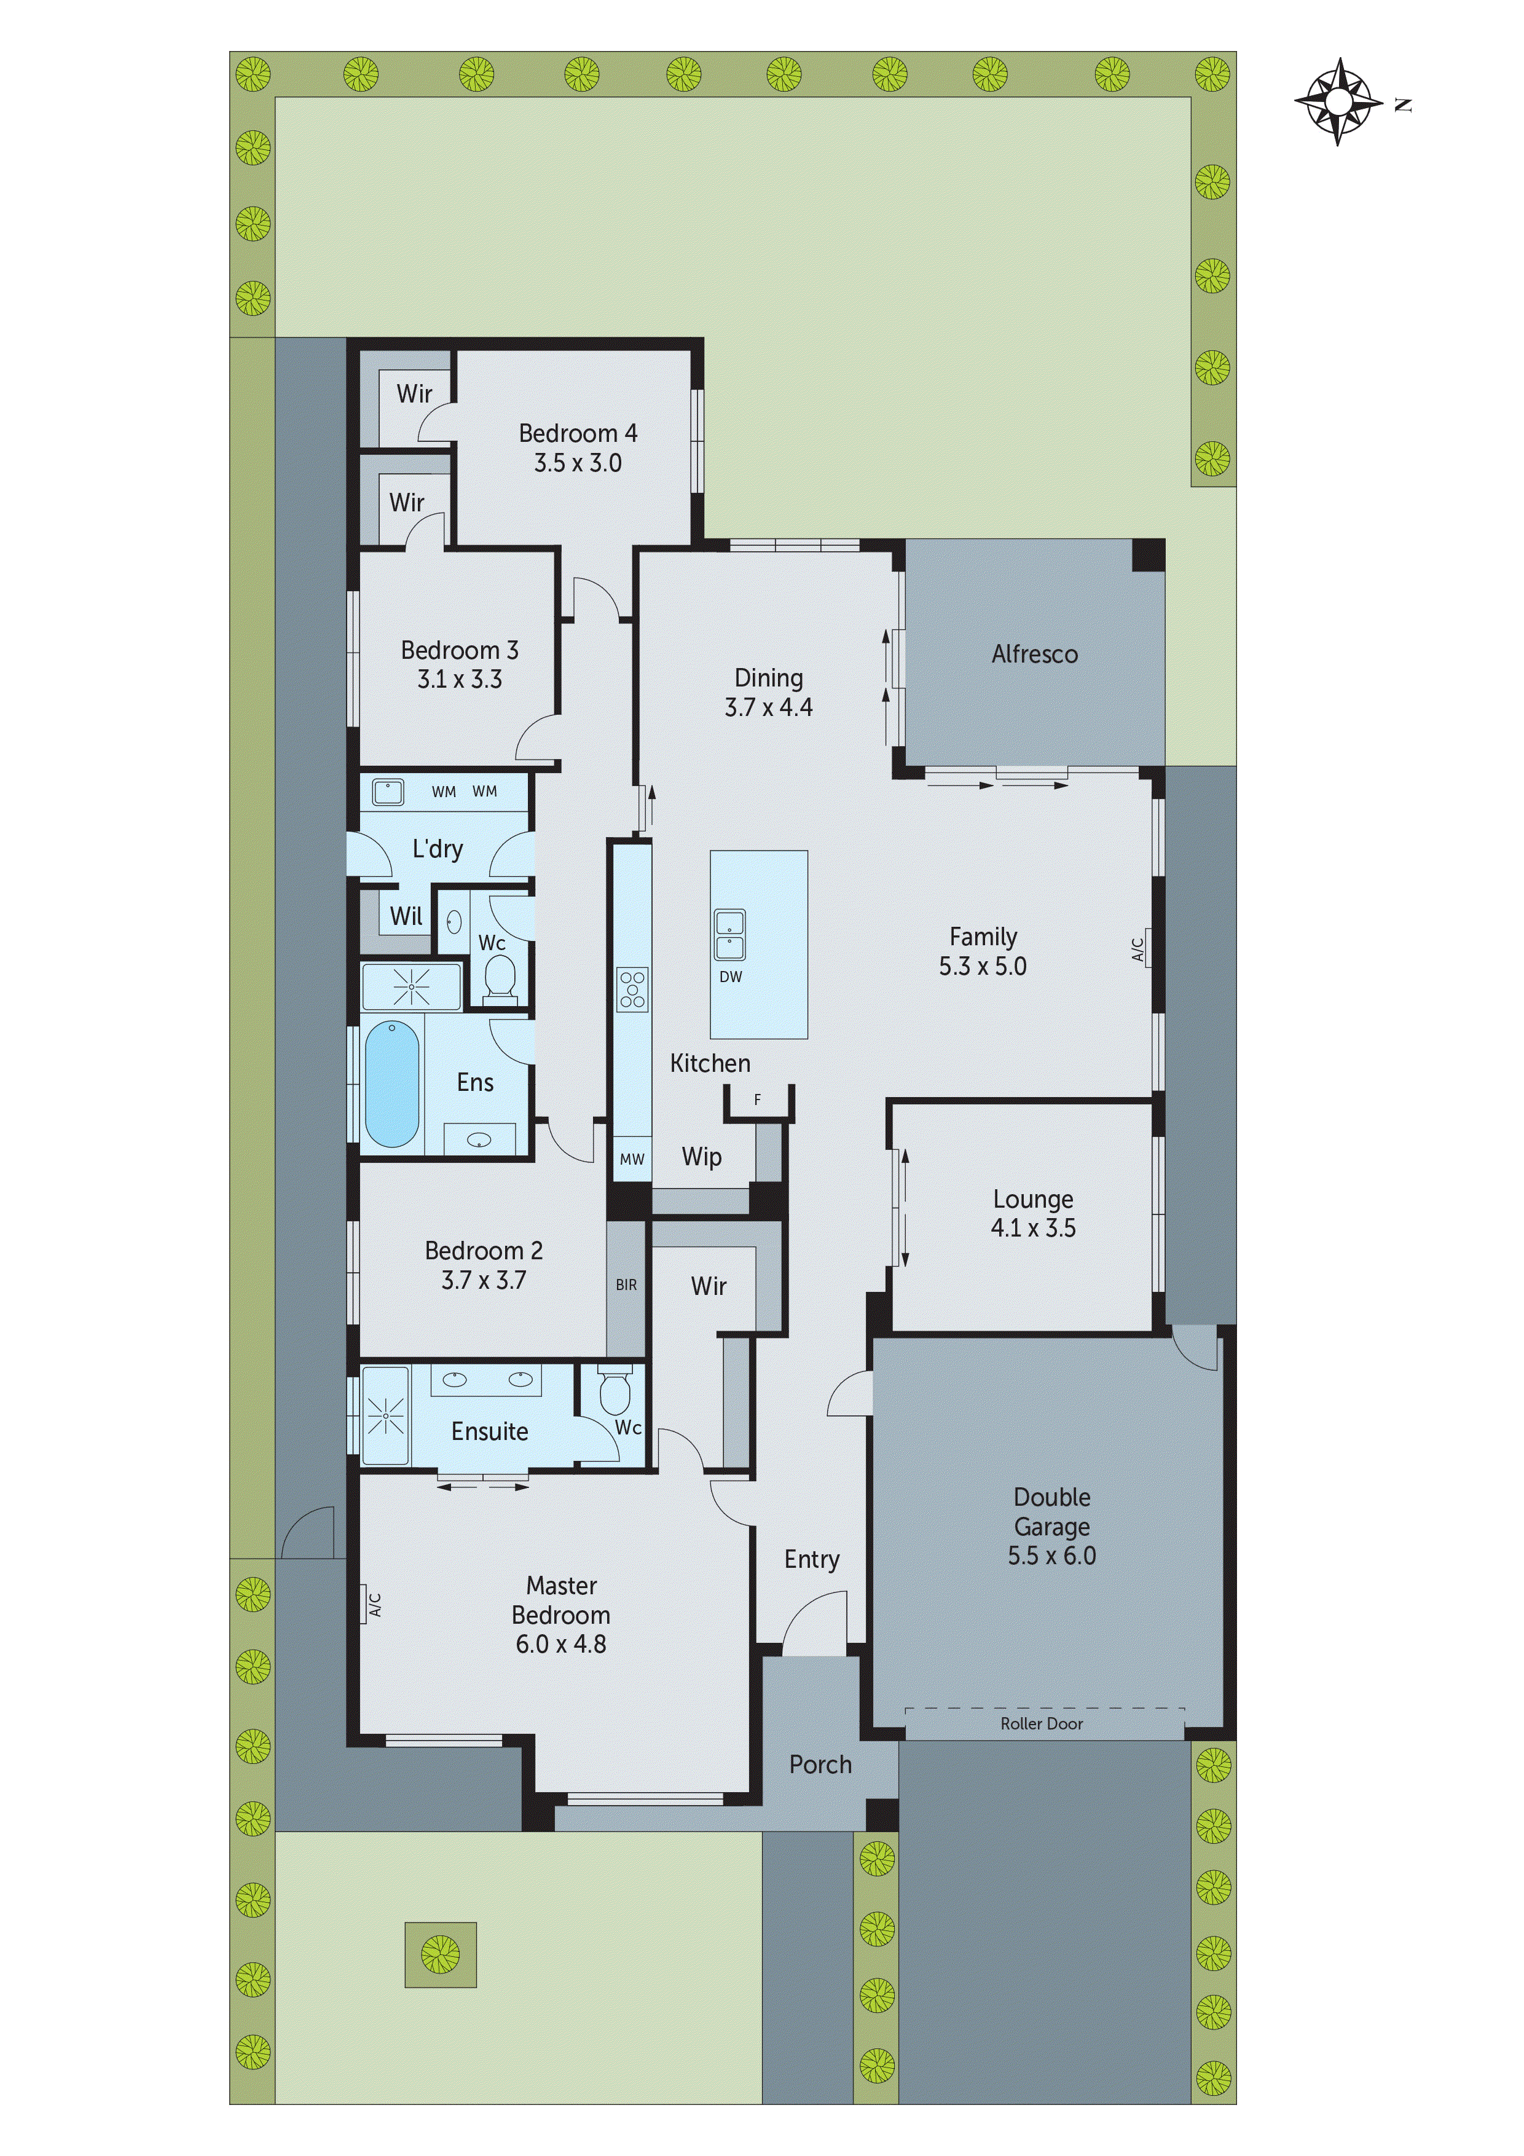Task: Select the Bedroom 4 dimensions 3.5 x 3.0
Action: [x=578, y=463]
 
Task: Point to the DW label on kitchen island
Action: [x=731, y=977]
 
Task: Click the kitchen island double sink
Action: [x=729, y=934]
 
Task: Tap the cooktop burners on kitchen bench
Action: [x=632, y=989]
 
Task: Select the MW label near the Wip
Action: [x=632, y=1159]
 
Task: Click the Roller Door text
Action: [x=1042, y=1724]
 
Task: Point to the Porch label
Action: [x=820, y=1765]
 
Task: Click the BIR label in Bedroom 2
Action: [x=626, y=1285]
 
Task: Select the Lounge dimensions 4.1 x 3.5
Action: [x=1033, y=1228]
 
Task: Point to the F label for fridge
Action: [x=758, y=1100]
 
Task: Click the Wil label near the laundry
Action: [x=406, y=916]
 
